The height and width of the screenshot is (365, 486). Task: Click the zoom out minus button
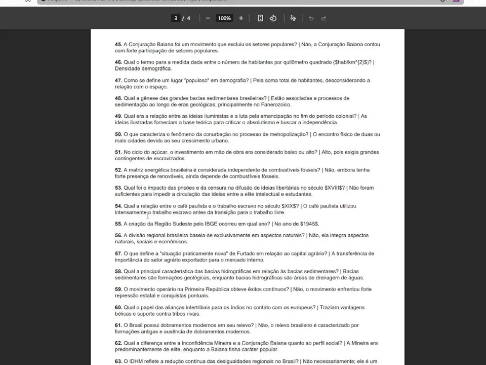tap(208, 18)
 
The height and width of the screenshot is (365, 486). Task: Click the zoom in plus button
tap(241, 18)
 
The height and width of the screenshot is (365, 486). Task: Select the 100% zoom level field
tap(224, 18)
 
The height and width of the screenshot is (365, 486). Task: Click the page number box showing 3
tap(176, 18)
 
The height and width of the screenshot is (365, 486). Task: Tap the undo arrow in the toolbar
tap(311, 18)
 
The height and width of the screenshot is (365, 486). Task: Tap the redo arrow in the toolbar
tap(323, 18)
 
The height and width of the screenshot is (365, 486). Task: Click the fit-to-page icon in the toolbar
tap(260, 18)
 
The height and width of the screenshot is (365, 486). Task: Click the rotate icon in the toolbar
tap(273, 18)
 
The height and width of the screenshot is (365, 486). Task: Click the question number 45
tap(118, 45)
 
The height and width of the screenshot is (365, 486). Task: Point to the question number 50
tap(118, 134)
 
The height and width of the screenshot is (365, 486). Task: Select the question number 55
tap(118, 224)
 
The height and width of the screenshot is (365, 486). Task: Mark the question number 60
tap(118, 307)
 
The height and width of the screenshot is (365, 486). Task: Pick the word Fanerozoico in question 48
tap(276, 104)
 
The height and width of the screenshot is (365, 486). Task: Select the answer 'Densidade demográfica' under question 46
tap(143, 68)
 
